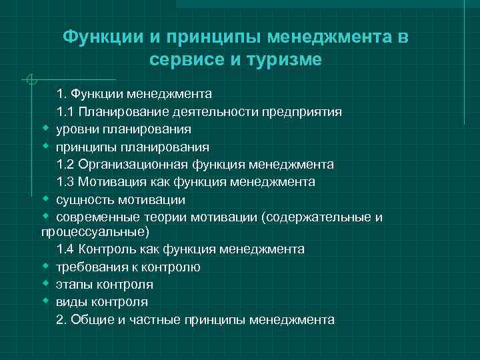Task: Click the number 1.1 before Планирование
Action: click(65, 111)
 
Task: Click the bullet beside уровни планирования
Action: click(45, 128)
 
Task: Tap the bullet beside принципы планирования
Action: click(45, 145)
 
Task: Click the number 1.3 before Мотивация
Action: click(65, 181)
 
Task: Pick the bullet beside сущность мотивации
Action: click(45, 198)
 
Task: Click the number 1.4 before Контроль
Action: click(65, 249)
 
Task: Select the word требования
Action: click(88, 267)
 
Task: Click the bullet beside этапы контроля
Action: click(45, 283)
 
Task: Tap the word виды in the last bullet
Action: click(71, 301)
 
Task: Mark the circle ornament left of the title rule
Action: click(28, 81)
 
